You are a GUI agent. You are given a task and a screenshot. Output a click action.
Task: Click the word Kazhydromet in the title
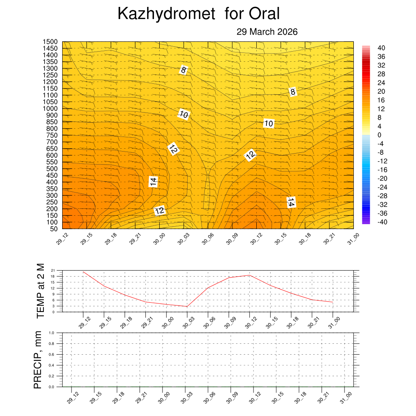166,14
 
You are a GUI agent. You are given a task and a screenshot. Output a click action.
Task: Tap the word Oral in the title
264,14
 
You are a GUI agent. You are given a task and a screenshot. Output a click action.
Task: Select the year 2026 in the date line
288,32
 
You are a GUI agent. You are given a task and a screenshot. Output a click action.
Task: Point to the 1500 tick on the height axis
51,42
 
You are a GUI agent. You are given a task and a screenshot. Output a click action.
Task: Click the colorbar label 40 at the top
381,47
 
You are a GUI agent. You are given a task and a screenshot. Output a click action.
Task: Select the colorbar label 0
379,134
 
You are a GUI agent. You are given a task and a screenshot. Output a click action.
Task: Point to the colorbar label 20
381,91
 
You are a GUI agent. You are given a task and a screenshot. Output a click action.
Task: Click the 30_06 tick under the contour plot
208,238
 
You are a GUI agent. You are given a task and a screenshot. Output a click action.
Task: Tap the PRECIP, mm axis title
38,359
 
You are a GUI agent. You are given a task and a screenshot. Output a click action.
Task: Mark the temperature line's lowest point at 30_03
187,306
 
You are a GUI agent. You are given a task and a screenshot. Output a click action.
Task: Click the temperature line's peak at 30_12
249,275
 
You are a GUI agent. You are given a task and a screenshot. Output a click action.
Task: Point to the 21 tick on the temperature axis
53,271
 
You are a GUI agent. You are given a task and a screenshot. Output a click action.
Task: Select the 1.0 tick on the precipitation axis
51,333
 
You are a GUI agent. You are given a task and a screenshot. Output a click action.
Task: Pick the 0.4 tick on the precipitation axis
51,365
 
